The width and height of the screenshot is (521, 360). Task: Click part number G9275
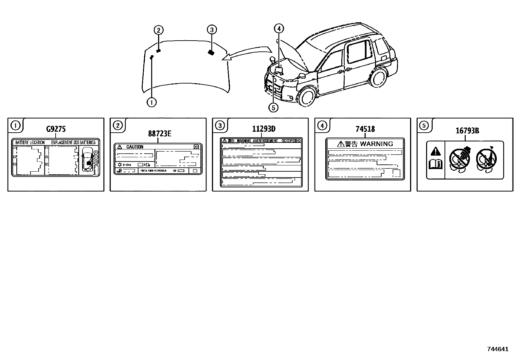(x=56, y=129)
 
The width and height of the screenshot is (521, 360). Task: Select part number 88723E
(x=160, y=134)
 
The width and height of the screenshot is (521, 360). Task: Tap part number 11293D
(x=264, y=129)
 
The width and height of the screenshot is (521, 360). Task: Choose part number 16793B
(x=467, y=131)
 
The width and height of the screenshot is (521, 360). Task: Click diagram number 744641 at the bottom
(x=497, y=349)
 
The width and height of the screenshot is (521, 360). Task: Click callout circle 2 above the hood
(x=158, y=30)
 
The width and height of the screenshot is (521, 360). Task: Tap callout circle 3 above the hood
(x=212, y=30)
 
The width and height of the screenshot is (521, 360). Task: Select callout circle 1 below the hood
(x=152, y=102)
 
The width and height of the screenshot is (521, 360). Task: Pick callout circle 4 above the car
(x=279, y=28)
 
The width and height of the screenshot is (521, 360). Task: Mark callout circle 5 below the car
(x=273, y=107)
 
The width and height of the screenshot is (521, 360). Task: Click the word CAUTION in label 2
(x=135, y=147)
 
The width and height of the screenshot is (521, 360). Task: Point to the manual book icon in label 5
(x=436, y=163)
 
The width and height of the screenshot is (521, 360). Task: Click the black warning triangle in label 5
(x=436, y=151)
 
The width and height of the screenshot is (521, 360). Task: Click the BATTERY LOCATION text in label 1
(x=30, y=143)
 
